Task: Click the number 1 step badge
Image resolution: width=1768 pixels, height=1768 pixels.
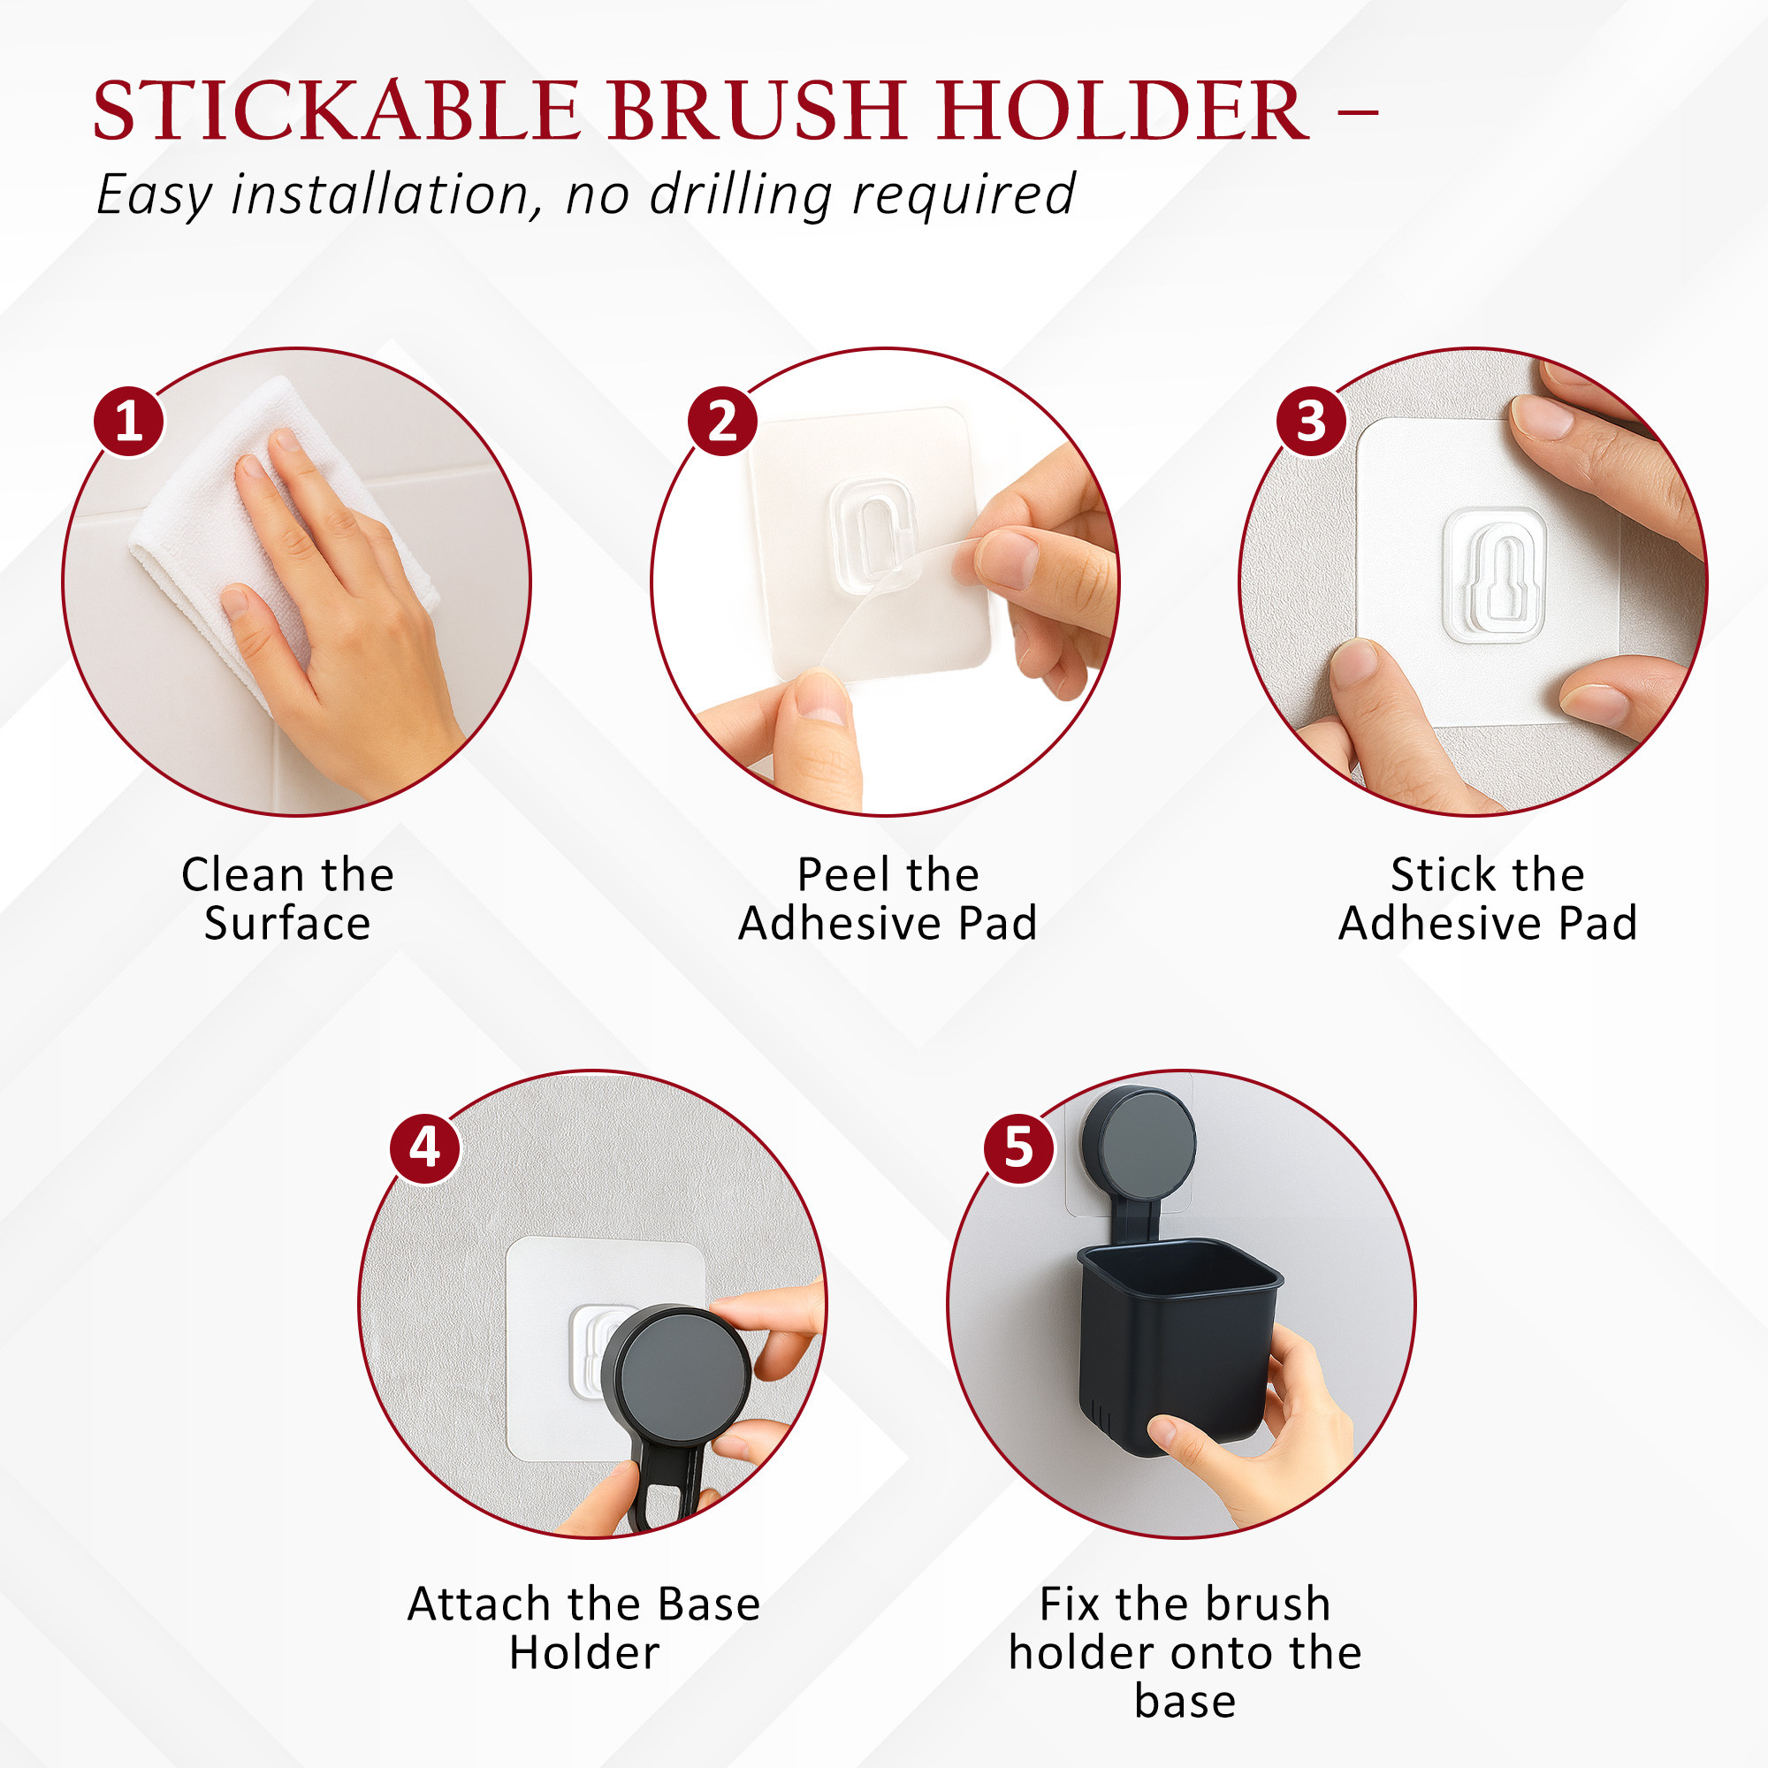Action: [x=129, y=422]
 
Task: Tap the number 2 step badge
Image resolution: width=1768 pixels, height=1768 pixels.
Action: [x=722, y=422]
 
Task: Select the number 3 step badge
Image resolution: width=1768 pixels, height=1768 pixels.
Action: [x=1311, y=422]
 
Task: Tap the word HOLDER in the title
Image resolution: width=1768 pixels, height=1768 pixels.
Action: [x=1123, y=110]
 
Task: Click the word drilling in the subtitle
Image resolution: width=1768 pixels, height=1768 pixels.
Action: [x=739, y=194]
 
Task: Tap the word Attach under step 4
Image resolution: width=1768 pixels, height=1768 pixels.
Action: [x=478, y=1604]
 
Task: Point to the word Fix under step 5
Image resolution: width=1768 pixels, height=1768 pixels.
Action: [x=1069, y=1604]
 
